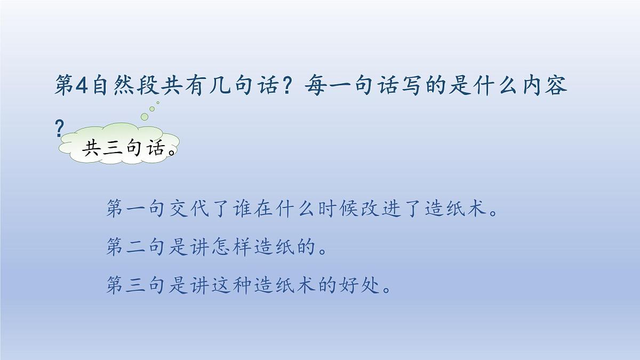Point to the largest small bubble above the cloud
[143, 116]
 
